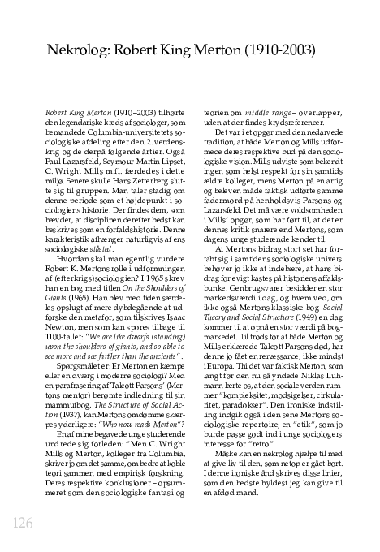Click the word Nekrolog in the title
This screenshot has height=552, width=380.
80,48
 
